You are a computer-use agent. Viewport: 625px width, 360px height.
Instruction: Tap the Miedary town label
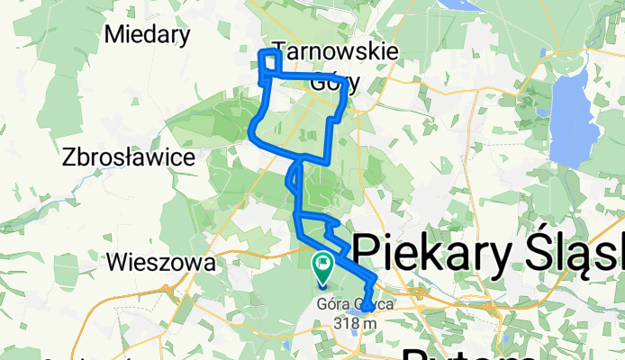click(x=148, y=35)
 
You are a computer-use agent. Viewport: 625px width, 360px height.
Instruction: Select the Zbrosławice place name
click(x=130, y=157)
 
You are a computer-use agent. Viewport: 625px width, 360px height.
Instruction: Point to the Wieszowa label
click(x=160, y=263)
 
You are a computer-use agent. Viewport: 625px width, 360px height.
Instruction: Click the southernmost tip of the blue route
click(x=364, y=309)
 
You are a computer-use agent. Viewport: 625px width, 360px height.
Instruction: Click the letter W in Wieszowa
click(x=115, y=263)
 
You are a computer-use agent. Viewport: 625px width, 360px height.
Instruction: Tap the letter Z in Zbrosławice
click(x=69, y=157)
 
